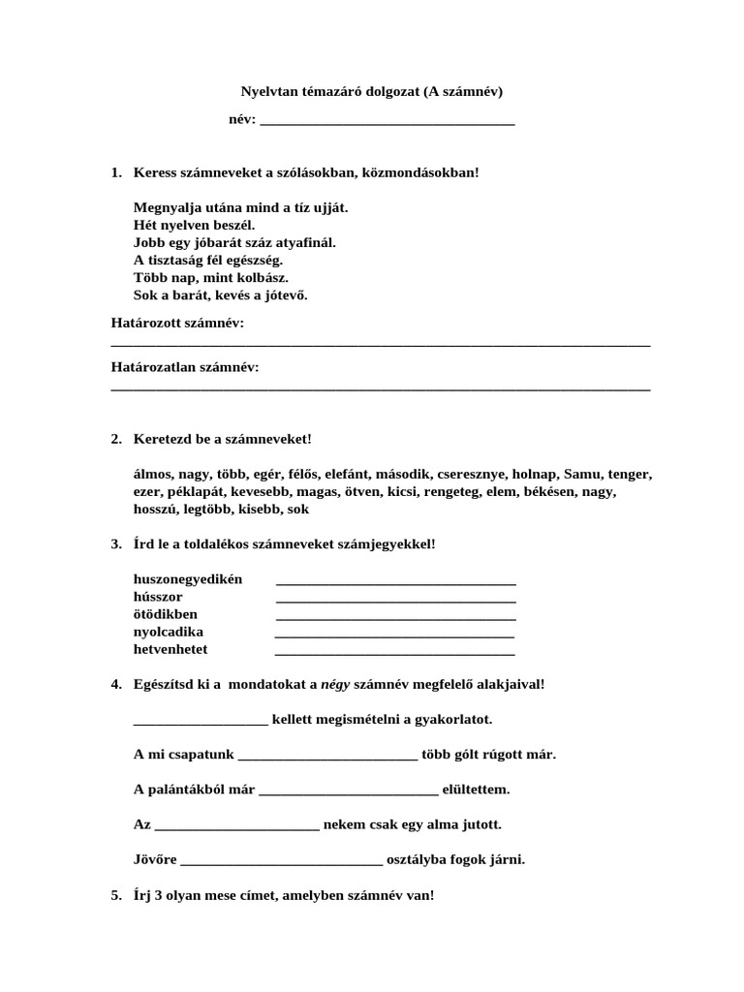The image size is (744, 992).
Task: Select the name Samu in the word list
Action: (580, 475)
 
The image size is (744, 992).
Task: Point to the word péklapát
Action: (193, 492)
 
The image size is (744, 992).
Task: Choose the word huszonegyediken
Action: (188, 579)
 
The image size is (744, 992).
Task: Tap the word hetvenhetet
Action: (170, 649)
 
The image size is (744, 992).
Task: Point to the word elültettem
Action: (476, 790)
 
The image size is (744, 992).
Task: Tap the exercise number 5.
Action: (115, 896)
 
